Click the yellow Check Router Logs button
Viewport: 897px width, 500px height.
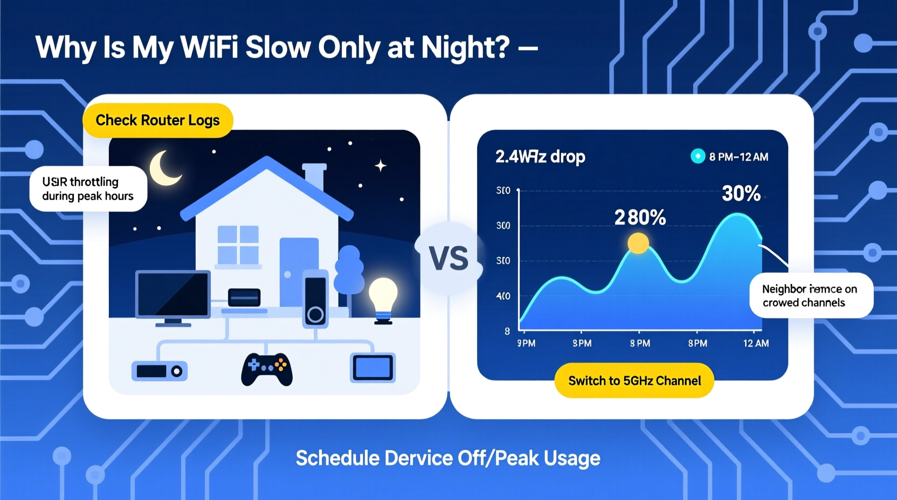(x=157, y=120)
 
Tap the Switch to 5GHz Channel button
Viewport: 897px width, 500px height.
(x=634, y=380)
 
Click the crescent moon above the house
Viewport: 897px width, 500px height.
(x=164, y=168)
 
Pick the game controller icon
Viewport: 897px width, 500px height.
(x=267, y=369)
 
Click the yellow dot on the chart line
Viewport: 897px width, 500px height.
(x=638, y=244)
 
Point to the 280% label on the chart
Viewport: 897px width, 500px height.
(x=640, y=218)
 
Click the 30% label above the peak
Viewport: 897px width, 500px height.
(x=741, y=193)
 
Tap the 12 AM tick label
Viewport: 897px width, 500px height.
(x=756, y=343)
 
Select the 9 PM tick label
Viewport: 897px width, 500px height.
(x=526, y=343)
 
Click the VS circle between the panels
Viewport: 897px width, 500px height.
(x=448, y=259)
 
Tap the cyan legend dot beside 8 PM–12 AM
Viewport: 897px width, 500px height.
(x=698, y=156)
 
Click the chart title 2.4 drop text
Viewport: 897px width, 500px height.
(x=540, y=157)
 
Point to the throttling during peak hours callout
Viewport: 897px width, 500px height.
(x=88, y=189)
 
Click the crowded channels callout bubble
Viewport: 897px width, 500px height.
(x=810, y=295)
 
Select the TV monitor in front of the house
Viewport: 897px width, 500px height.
(x=172, y=295)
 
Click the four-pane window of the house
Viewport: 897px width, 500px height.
(x=238, y=245)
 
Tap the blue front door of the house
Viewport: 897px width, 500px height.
(x=299, y=269)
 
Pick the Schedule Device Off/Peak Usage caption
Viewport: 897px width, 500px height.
(x=448, y=459)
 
